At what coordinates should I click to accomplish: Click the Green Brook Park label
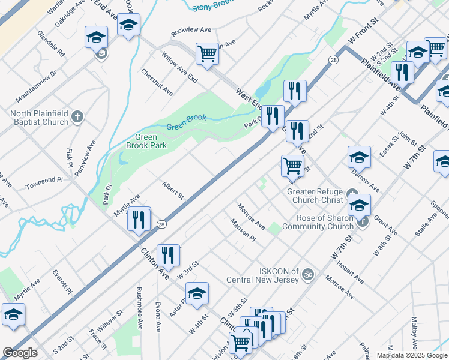146,140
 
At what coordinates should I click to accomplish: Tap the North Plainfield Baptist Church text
40,118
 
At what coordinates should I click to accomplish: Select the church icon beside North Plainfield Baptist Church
77,117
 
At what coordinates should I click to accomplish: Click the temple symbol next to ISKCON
308,274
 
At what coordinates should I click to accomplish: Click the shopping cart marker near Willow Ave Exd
207,54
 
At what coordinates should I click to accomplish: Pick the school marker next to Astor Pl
196,294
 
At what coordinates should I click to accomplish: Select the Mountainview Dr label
37,85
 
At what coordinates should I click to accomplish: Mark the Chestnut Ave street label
157,82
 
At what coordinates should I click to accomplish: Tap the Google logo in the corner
20,353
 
